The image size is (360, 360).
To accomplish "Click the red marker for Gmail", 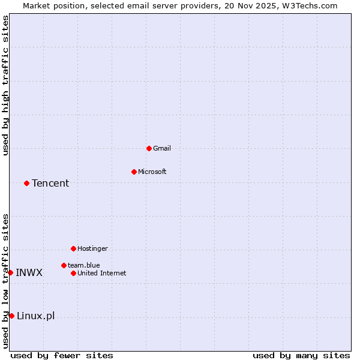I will [149, 148].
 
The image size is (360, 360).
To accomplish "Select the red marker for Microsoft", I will [134, 172].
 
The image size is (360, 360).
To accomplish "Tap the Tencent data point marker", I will [26, 183].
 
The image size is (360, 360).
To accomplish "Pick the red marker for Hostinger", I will [73, 248].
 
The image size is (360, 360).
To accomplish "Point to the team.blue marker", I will [64, 265].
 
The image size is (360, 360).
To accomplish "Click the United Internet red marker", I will [73, 273].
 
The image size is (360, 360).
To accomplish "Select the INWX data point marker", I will [10, 272].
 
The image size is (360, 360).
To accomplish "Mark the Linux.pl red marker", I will [11, 316].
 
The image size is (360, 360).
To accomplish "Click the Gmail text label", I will [162, 148].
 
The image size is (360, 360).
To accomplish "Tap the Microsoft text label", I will [152, 172].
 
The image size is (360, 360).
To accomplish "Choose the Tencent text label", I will [50, 183].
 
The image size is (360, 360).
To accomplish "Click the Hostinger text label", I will [92, 248].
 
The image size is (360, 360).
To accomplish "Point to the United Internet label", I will [102, 273].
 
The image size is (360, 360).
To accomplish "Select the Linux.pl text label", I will [35, 316].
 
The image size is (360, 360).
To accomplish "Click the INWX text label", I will [29, 272].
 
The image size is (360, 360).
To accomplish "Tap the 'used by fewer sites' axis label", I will [62, 355].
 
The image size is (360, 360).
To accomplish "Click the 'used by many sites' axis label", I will [301, 355].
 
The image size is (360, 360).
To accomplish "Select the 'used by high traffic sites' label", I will [5, 85].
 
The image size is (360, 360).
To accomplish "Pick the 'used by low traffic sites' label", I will [5, 281].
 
